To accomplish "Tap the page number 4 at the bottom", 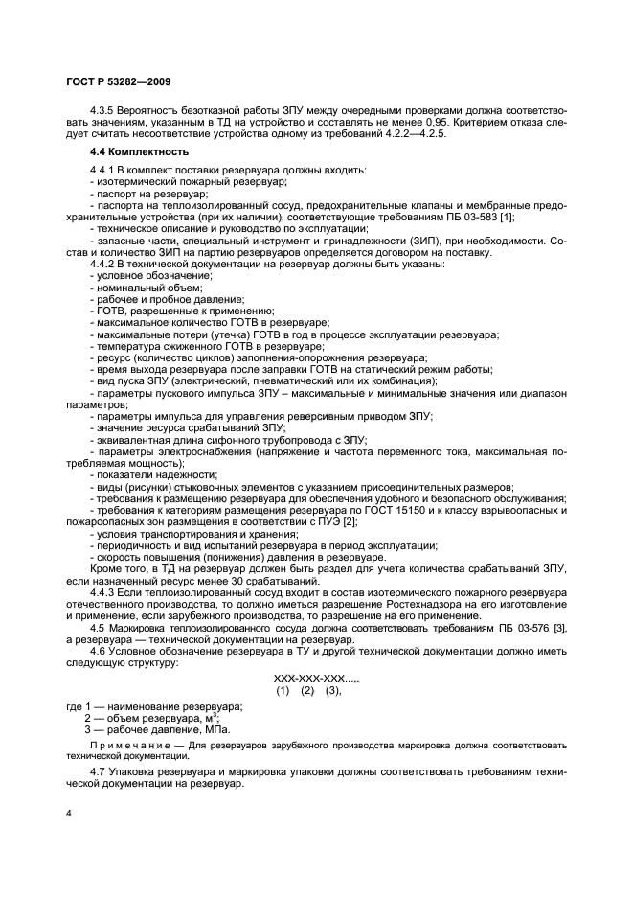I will [x=68, y=815].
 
